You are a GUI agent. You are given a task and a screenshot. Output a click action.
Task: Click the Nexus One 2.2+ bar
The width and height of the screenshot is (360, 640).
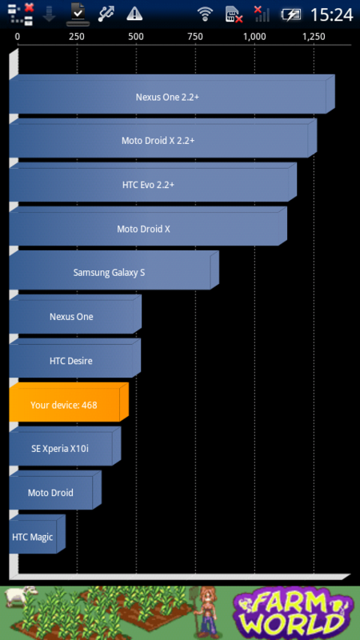(172, 94)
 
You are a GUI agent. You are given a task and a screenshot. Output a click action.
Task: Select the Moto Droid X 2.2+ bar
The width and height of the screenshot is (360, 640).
(163, 138)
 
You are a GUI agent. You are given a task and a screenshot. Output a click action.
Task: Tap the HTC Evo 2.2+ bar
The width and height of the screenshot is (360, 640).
(153, 182)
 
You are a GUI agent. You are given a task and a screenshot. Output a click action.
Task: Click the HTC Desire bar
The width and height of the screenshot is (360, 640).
(74, 358)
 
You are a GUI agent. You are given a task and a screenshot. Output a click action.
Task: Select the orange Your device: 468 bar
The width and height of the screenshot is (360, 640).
(69, 402)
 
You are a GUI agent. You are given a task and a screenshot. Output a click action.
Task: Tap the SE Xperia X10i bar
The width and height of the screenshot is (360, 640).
(65, 446)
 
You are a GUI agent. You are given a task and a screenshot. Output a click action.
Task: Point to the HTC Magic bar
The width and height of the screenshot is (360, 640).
(37, 534)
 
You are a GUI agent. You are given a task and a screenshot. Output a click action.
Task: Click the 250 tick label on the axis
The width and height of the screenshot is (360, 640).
(77, 37)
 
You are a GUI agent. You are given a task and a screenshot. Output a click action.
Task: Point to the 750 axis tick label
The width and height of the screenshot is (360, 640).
(195, 37)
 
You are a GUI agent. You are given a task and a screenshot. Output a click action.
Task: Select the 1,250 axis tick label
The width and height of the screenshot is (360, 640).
(314, 37)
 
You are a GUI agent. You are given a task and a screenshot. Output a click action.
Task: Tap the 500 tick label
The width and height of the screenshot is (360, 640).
(136, 37)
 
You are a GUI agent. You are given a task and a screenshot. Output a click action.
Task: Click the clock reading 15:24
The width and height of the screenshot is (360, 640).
(331, 14)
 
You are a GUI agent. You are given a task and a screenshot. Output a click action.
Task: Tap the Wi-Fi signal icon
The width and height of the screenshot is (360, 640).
(205, 14)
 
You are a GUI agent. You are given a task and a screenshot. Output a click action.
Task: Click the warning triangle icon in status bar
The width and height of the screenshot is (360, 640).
(134, 14)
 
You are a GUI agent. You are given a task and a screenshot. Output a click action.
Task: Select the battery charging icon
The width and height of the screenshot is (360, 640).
(291, 15)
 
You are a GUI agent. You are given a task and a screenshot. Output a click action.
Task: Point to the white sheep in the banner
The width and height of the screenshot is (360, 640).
(20, 597)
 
